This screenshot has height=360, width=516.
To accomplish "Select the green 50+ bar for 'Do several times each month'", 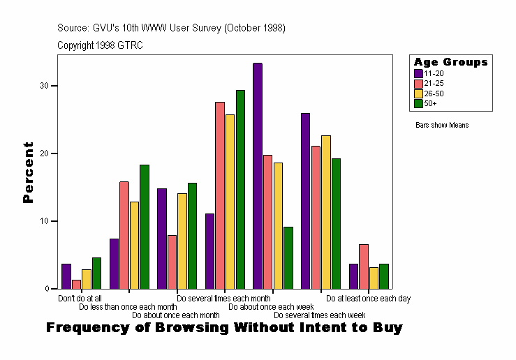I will click(x=240, y=189).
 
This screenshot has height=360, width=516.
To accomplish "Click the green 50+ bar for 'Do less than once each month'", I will click(x=145, y=227).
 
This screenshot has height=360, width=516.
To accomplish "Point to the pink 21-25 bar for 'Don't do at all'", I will click(x=76, y=284).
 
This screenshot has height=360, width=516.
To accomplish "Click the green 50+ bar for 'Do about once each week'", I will click(x=288, y=257).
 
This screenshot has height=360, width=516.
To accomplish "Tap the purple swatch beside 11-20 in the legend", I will click(x=418, y=73).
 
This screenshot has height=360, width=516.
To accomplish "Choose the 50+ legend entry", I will click(x=430, y=103).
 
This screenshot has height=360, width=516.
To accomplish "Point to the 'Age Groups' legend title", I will click(x=450, y=62).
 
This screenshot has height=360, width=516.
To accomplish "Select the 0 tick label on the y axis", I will click(x=46, y=289).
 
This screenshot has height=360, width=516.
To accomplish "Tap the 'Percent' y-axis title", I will click(x=28, y=172).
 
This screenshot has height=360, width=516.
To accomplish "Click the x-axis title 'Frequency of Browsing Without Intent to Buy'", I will click(x=224, y=328).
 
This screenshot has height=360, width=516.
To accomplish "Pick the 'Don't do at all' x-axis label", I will click(x=80, y=299).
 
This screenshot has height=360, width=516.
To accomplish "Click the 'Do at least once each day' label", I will click(x=368, y=299).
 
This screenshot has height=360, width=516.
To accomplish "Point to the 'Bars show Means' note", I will click(x=442, y=126).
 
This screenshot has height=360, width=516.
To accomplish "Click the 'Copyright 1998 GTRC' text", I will click(x=100, y=45).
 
